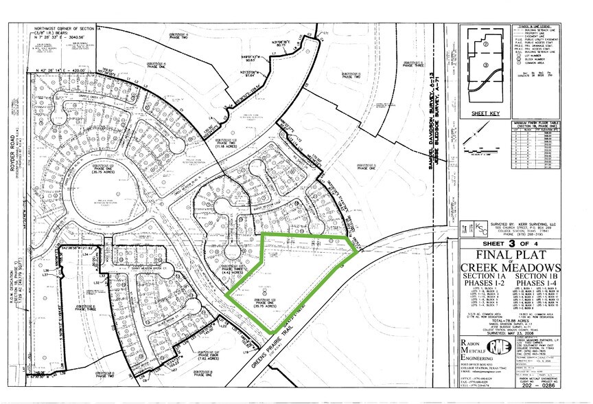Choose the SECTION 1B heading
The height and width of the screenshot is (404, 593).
[x=539, y=278]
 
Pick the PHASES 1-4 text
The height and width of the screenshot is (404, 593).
[x=539, y=286]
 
